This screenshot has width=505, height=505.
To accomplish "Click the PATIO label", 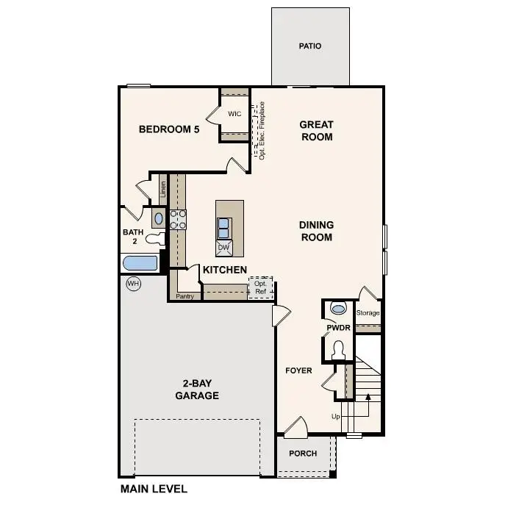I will pyautogui.click(x=310, y=46).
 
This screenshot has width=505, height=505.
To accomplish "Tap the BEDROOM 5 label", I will pyautogui.click(x=169, y=129).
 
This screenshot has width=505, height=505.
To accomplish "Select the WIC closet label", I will pyautogui.click(x=234, y=114).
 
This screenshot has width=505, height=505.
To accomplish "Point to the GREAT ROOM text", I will pyautogui.click(x=316, y=131).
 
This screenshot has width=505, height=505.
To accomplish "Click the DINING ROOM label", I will pyautogui.click(x=316, y=231).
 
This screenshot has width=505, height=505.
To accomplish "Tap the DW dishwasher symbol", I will pyautogui.click(x=224, y=247).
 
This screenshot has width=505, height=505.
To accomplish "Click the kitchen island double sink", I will pyautogui.click(x=224, y=226).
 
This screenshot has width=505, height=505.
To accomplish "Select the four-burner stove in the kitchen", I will pyautogui.click(x=179, y=219).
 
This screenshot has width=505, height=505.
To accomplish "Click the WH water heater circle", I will pyautogui.click(x=133, y=284).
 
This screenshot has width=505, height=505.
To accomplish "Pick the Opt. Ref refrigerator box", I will pyautogui.click(x=261, y=287).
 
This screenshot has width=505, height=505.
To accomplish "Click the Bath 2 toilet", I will pyautogui.click(x=154, y=238).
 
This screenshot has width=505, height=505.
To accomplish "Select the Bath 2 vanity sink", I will pyautogui.click(x=159, y=218).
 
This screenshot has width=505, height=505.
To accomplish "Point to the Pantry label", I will pyautogui.click(x=184, y=297).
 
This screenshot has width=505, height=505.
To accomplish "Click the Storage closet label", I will pyautogui.click(x=368, y=313).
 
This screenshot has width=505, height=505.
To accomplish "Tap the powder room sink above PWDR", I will pyautogui.click(x=339, y=307).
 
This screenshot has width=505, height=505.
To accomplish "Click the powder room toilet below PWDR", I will pyautogui.click(x=339, y=350).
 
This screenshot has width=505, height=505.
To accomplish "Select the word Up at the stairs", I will pyautogui.click(x=336, y=417).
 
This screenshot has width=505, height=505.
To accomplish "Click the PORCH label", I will pyautogui.click(x=303, y=454).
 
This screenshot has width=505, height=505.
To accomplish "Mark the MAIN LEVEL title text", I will pyautogui.click(x=154, y=488).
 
